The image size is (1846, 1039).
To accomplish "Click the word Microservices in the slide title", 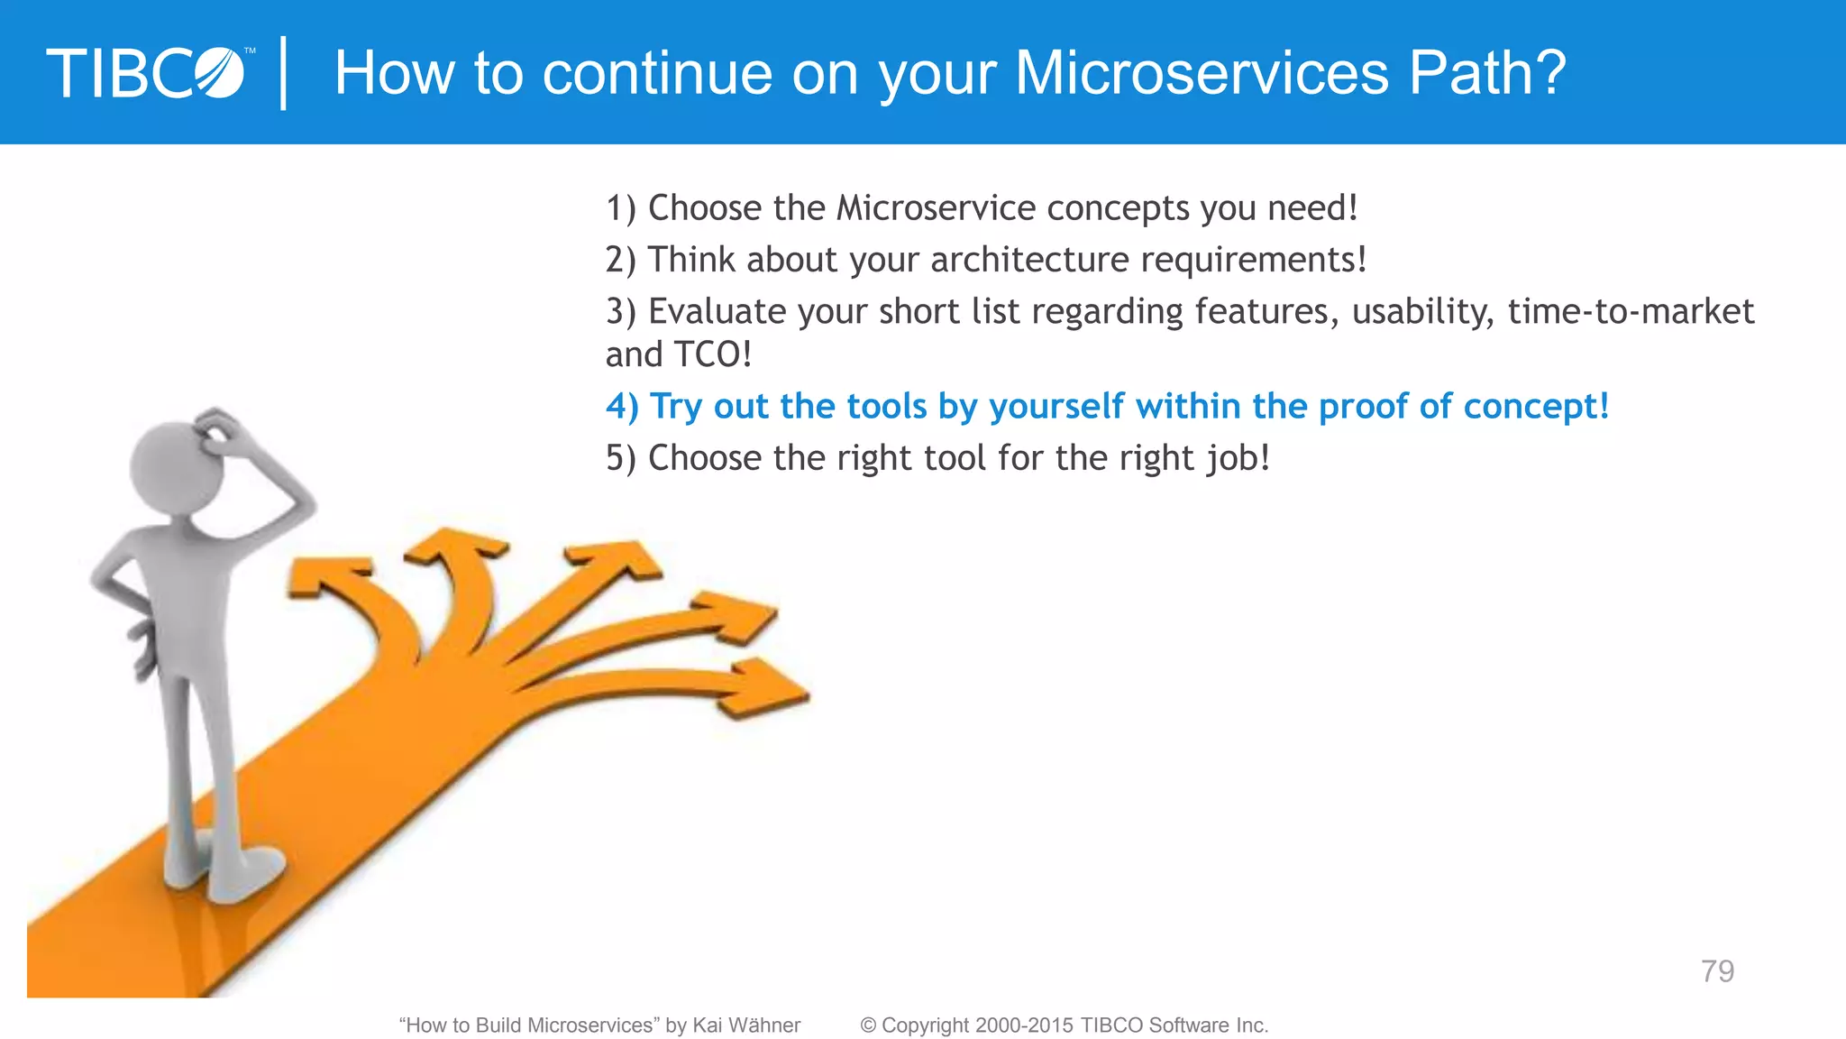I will point(1202,72).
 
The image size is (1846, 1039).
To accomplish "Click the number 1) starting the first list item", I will point(620,208).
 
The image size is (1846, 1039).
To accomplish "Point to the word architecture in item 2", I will point(1029,260).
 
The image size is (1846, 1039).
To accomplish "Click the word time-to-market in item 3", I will point(1631,311).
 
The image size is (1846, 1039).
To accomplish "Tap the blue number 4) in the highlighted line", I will point(621,407).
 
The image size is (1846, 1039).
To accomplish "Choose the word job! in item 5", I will point(1238,458).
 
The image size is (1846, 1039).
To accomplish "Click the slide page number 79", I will point(1717,971).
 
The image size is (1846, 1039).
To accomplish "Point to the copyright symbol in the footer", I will point(868,1025).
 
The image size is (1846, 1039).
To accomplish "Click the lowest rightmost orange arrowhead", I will point(766,690).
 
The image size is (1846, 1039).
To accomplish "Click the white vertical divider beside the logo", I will point(284,72).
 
